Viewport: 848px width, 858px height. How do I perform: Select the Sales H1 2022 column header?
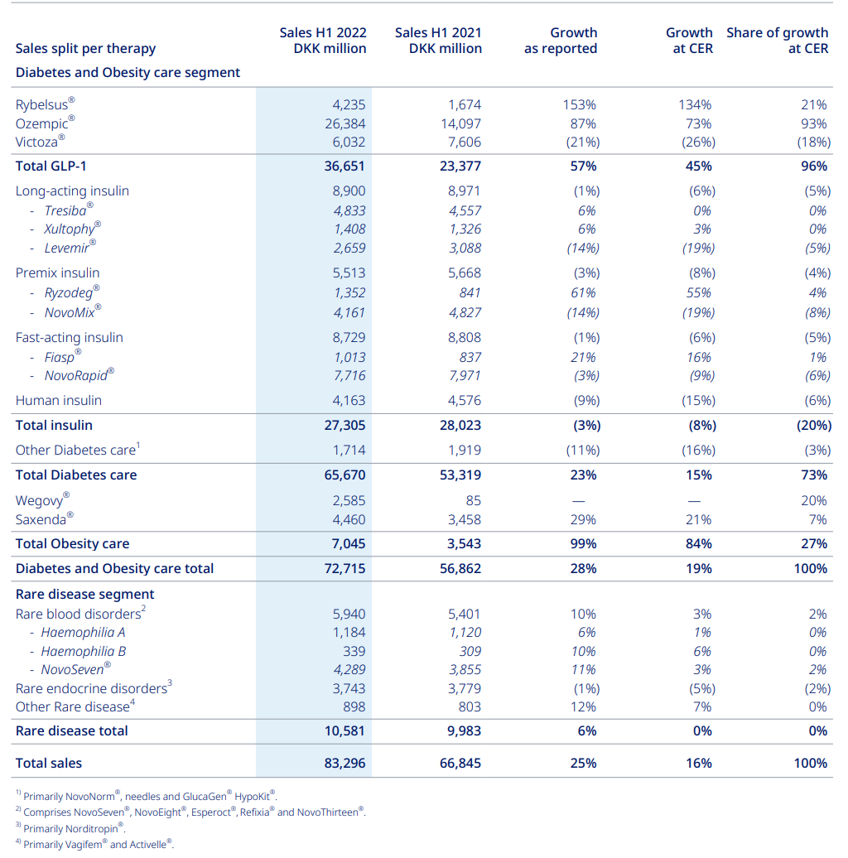[x=323, y=41]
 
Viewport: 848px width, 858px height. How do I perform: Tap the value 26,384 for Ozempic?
[x=344, y=123]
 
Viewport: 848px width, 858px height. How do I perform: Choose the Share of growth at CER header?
[x=777, y=41]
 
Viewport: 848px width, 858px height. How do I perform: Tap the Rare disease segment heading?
[x=84, y=594]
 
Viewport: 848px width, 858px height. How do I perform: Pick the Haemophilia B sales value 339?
[x=353, y=651]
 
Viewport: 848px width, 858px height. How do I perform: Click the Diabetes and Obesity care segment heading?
[x=128, y=73]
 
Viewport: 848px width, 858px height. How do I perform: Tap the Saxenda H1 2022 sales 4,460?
[x=347, y=520]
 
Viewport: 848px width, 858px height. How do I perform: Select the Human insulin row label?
[x=59, y=401]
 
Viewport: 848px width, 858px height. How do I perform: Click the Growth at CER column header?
[x=689, y=41]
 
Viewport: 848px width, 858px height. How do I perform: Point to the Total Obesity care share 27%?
[x=813, y=544]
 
